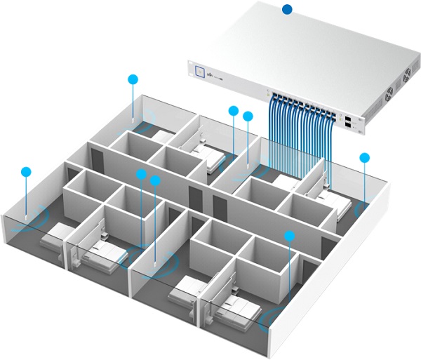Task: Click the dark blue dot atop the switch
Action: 286,9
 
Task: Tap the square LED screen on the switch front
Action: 200,70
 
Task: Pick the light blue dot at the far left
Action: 27,171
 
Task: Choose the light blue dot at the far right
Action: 364,157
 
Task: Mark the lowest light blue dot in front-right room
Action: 288,235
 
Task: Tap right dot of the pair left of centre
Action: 156,180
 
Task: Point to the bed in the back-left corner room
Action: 163,136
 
